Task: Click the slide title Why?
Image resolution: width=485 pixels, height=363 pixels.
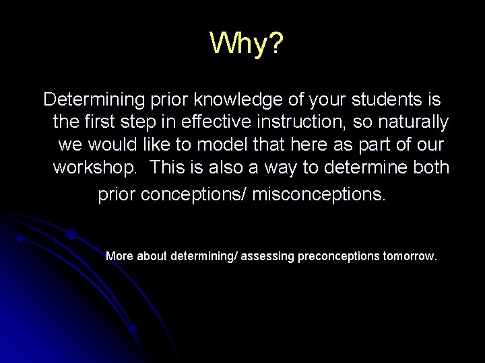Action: tap(247, 44)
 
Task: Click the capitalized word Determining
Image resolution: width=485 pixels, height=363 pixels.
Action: tap(94, 100)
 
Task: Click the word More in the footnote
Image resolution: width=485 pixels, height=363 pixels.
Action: tap(120, 256)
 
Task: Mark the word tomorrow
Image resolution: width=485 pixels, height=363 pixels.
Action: tap(410, 256)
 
